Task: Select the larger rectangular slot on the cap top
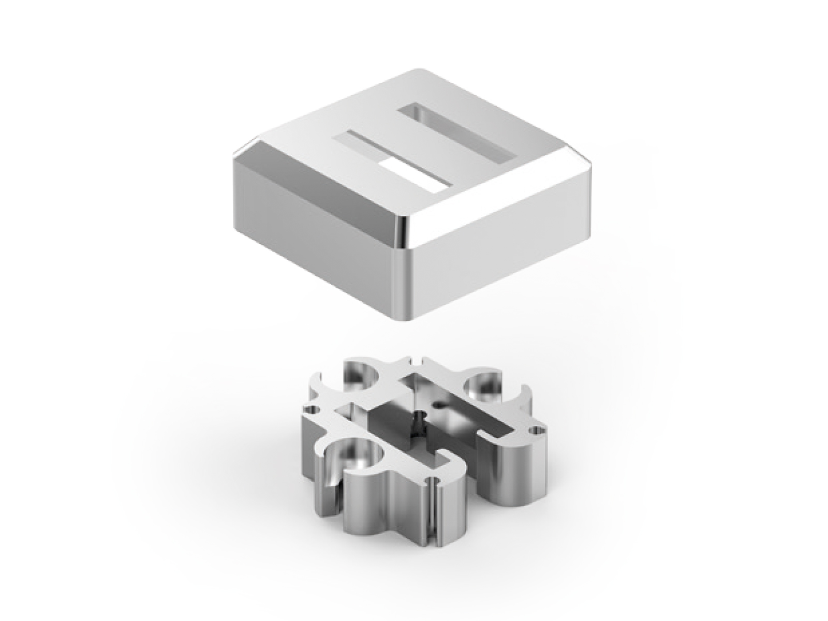click(458, 132)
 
